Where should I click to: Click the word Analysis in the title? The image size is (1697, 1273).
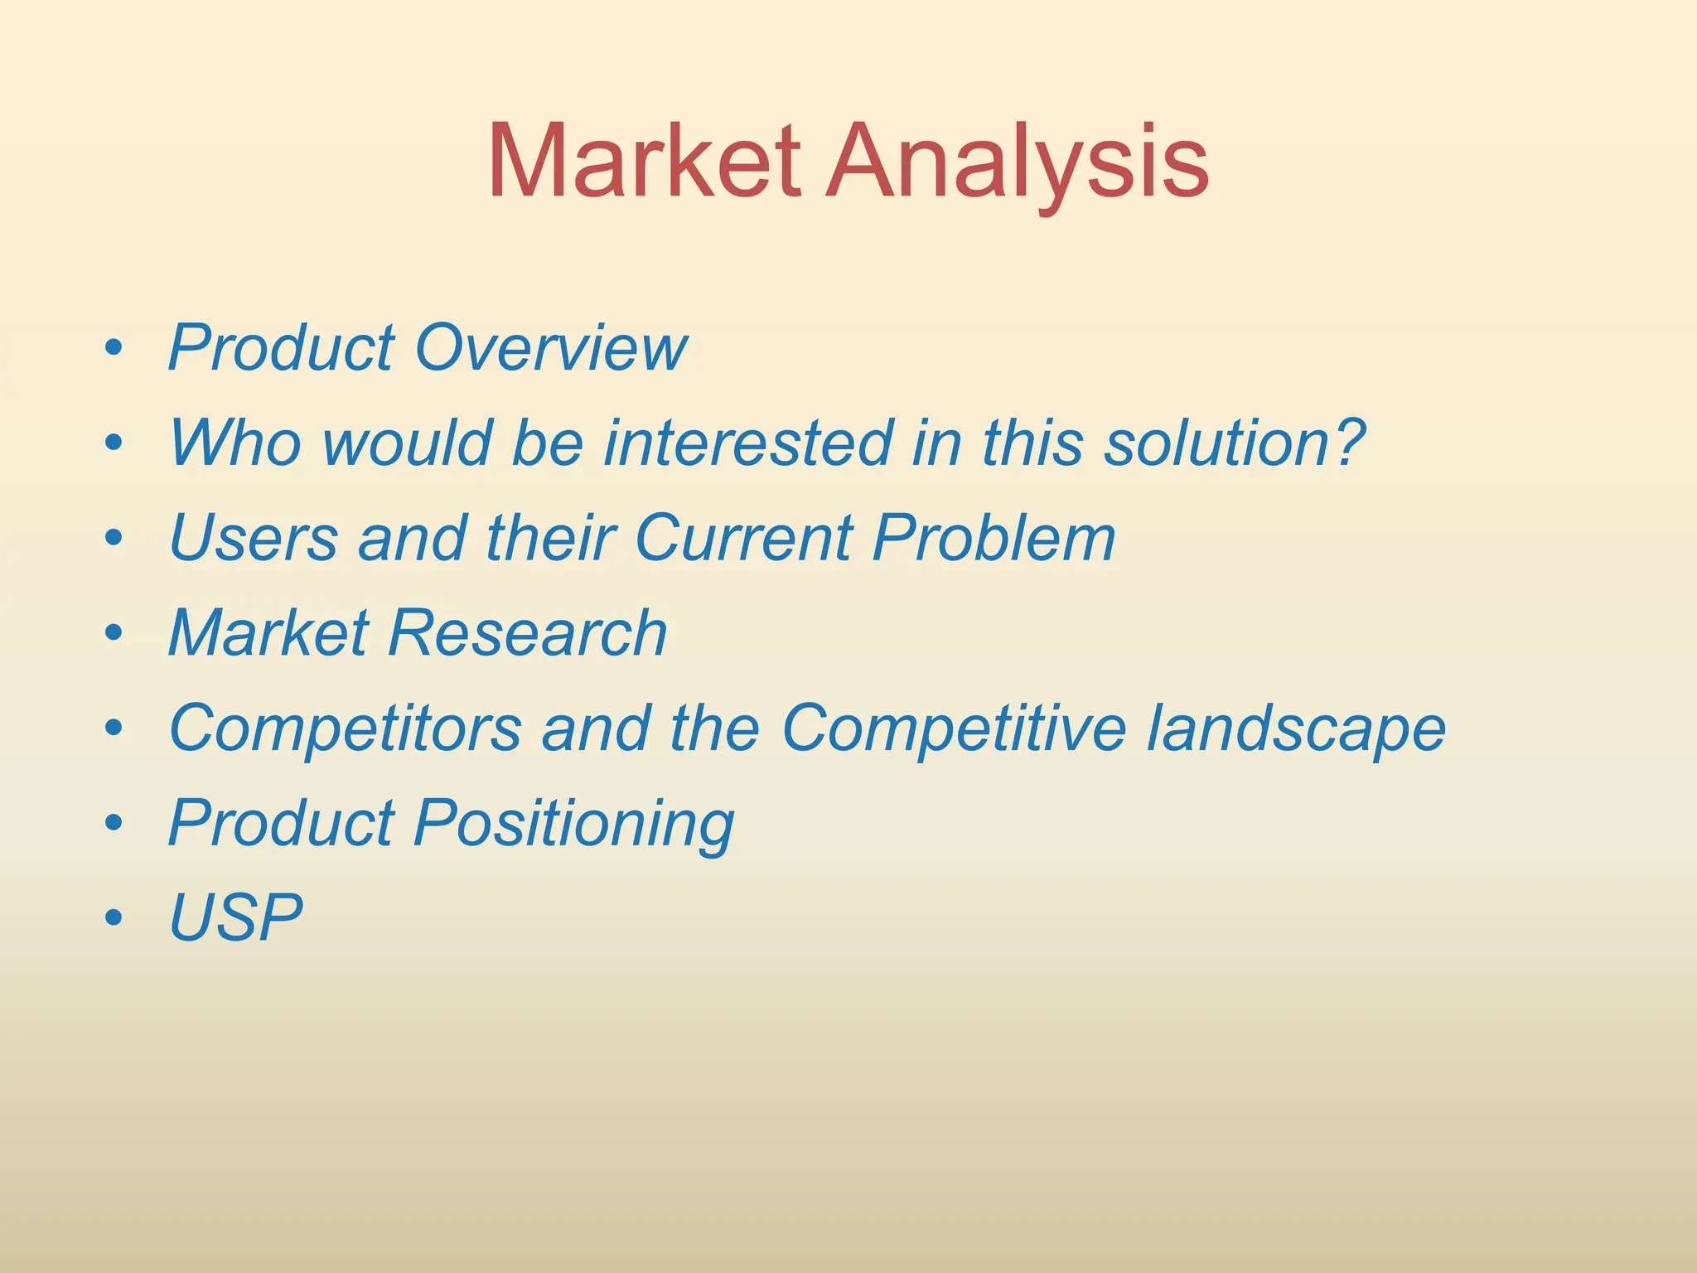[1016, 161]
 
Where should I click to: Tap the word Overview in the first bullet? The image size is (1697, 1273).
[551, 348]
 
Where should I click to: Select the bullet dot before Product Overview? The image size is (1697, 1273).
[114, 348]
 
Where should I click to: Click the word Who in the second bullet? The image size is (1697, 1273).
[235, 443]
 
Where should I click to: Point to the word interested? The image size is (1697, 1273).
[747, 443]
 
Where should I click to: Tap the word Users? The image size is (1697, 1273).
[254, 539]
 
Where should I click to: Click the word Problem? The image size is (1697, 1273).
[994, 539]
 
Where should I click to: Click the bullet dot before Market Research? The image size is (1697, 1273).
[114, 634]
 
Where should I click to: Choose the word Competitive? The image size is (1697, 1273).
[954, 729]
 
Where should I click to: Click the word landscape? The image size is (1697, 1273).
[1297, 729]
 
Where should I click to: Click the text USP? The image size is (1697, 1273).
[235, 918]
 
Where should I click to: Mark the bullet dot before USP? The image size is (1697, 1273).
[114, 918]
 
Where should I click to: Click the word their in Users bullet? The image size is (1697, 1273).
[552, 539]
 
